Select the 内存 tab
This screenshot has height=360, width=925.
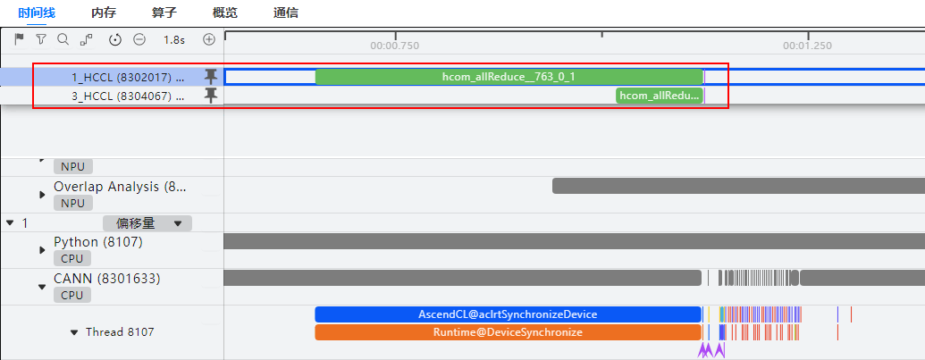point(104,13)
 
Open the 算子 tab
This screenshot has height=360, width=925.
point(164,13)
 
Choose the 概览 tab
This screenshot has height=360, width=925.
point(224,13)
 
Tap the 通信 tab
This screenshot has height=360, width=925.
point(285,13)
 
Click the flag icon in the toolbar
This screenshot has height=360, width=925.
point(19,39)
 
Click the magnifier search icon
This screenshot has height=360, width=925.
point(63,39)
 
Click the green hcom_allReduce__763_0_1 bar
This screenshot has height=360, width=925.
point(509,77)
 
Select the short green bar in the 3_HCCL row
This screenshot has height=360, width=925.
point(660,96)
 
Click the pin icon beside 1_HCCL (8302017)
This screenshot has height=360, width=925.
point(211,77)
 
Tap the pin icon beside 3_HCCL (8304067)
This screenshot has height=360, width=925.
point(211,96)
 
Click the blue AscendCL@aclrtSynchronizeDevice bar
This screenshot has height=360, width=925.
point(508,314)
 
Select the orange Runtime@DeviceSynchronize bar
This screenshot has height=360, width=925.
point(508,332)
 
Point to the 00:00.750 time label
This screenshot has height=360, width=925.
point(395,46)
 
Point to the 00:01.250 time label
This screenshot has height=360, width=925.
point(808,46)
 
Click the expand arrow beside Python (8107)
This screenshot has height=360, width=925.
point(43,250)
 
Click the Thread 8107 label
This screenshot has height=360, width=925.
point(120,332)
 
